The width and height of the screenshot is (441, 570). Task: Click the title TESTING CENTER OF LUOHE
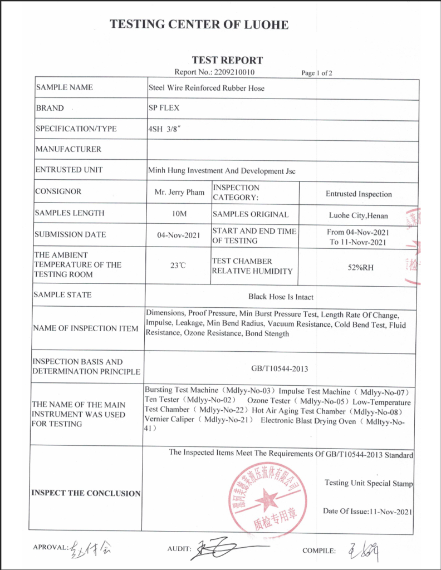pyautogui.click(x=199, y=24)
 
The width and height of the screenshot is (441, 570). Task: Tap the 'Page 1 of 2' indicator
pyautogui.click(x=317, y=72)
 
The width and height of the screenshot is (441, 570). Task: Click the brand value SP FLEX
pyautogui.click(x=164, y=108)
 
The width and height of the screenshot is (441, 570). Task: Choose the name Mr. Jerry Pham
pyautogui.click(x=179, y=192)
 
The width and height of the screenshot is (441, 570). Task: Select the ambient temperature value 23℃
pyautogui.click(x=178, y=266)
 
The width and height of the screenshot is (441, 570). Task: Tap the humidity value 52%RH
pyautogui.click(x=360, y=267)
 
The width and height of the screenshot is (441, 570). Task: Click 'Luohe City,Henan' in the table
pyautogui.click(x=359, y=215)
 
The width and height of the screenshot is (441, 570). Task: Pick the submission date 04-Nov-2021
pyautogui.click(x=179, y=235)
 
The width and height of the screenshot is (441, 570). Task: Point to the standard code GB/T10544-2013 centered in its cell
pyautogui.click(x=280, y=368)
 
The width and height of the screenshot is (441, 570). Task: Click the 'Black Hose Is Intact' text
pyautogui.click(x=281, y=297)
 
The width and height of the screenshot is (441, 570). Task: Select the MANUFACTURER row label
pyautogui.click(x=68, y=149)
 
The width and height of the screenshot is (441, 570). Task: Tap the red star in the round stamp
pyautogui.click(x=268, y=499)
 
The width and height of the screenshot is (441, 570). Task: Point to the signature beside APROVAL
pyautogui.click(x=91, y=548)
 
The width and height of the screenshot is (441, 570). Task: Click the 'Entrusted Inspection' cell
pyautogui.click(x=359, y=194)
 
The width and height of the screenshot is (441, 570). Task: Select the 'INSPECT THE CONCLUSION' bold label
pyautogui.click(x=86, y=493)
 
